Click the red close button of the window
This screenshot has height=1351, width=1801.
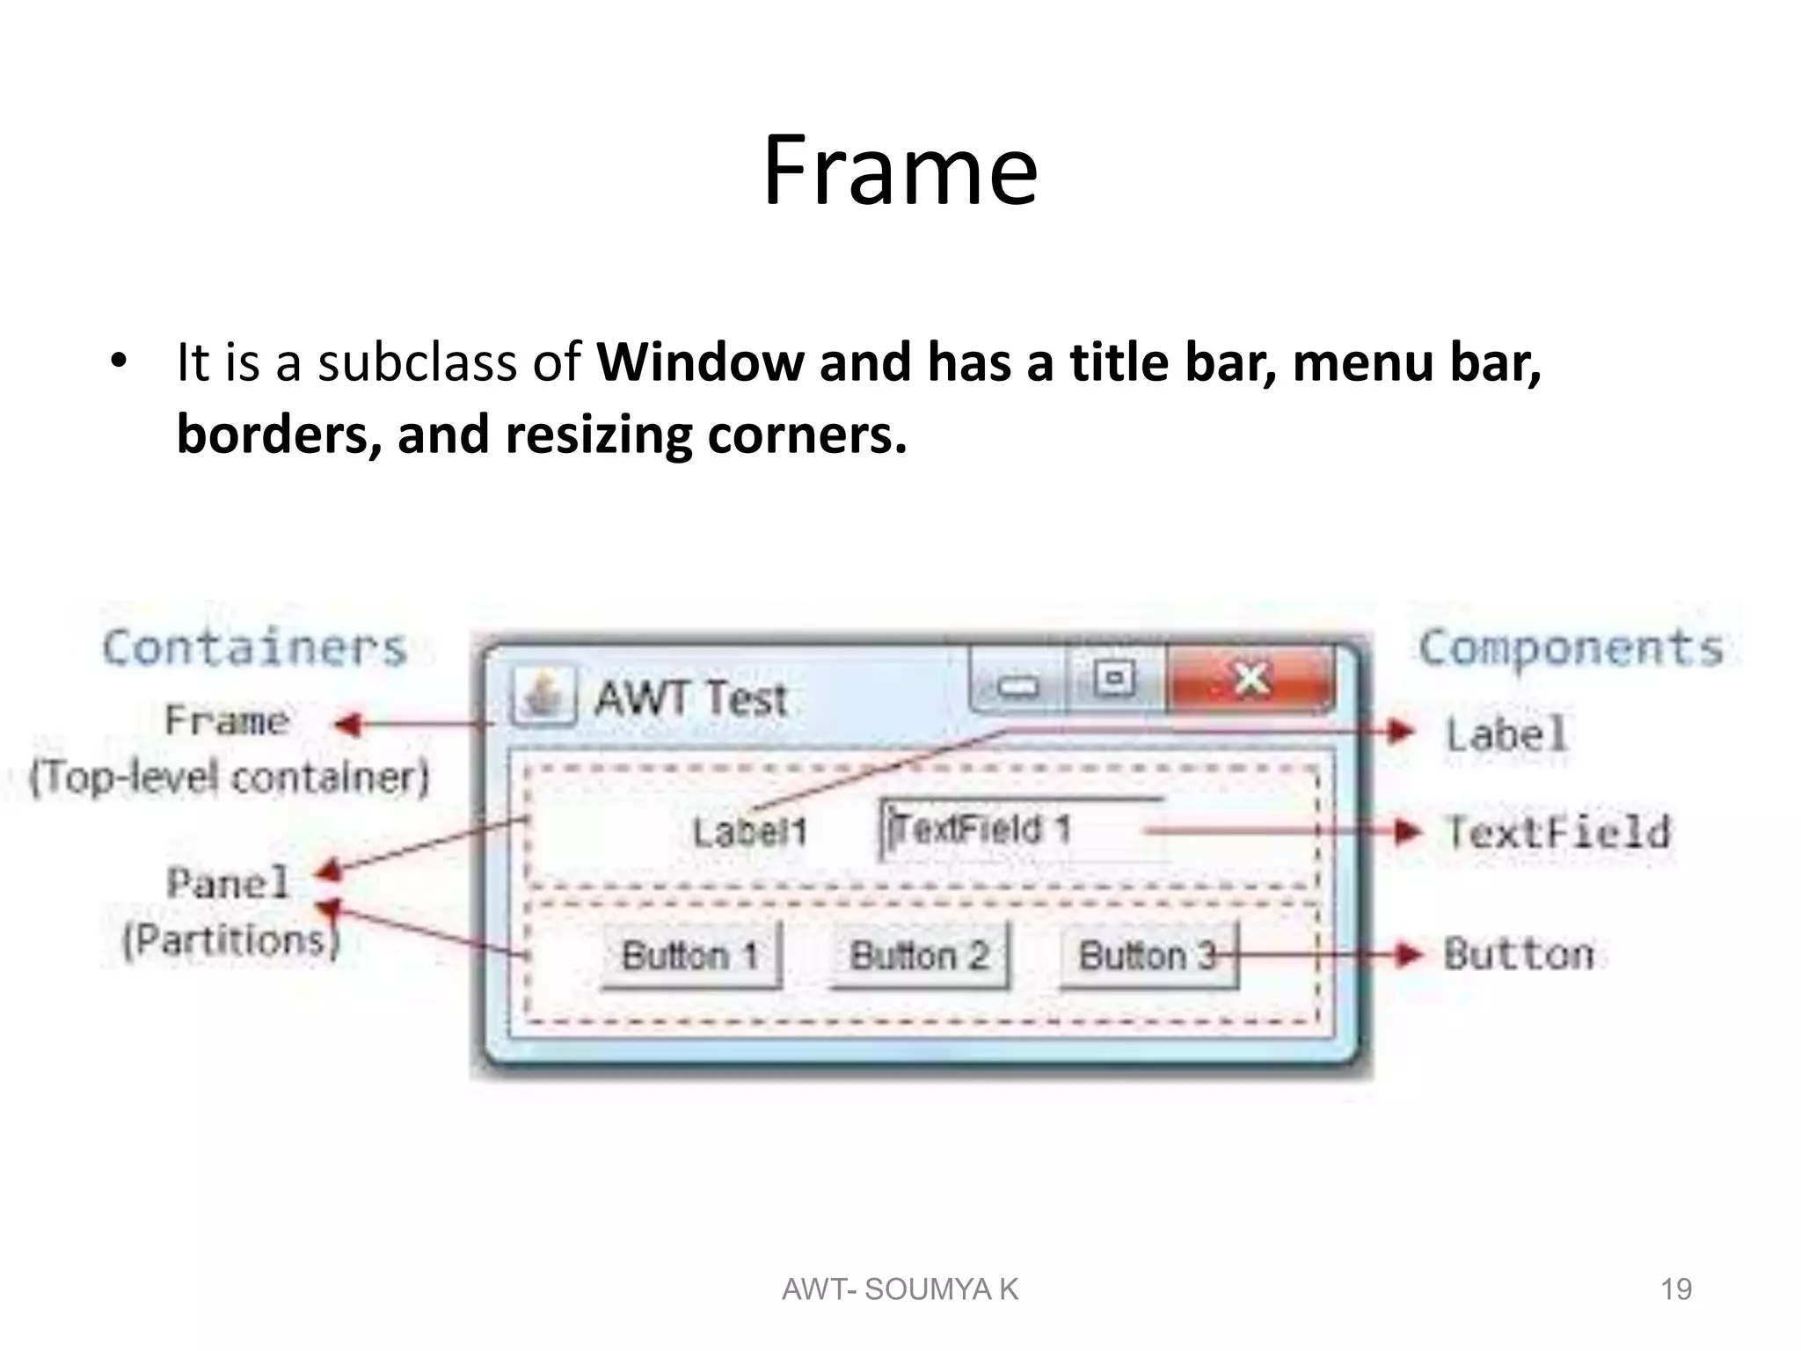tap(1250, 679)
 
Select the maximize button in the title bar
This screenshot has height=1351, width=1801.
tap(1115, 678)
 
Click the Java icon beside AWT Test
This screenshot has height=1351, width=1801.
tap(543, 695)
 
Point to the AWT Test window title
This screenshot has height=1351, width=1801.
tap(690, 699)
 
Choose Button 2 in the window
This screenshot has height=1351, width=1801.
tap(920, 955)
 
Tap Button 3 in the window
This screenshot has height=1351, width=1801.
tap(1148, 955)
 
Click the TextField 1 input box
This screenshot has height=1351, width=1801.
tap(1020, 829)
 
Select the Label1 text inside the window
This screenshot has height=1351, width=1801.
tap(749, 832)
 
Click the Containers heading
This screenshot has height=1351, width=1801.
tap(255, 648)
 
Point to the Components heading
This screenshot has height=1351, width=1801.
tap(1571, 648)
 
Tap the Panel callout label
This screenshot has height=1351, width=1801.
tap(228, 883)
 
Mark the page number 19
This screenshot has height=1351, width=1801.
tap(1675, 1289)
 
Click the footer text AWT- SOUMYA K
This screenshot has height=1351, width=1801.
tap(900, 1289)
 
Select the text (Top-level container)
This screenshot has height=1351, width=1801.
tap(230, 778)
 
